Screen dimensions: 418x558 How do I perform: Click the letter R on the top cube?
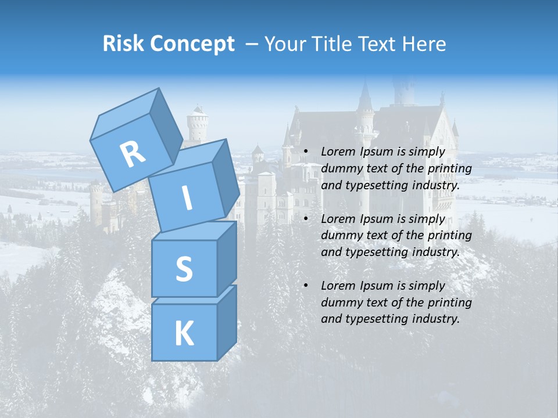point(133,154)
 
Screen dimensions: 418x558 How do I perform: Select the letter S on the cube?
point(184,269)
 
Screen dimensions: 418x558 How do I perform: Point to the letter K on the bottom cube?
point(184,334)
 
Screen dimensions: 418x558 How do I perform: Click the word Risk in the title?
point(124,44)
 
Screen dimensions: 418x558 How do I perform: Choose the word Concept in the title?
point(192,44)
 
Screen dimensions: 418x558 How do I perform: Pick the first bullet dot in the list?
point(305,152)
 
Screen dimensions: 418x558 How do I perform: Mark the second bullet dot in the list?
point(305,219)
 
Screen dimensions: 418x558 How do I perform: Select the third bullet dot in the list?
point(305,286)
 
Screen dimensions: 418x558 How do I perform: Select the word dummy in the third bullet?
point(340,302)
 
